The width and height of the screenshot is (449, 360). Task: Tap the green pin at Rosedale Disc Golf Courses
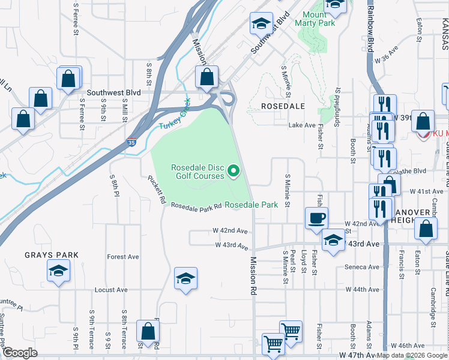(233, 173)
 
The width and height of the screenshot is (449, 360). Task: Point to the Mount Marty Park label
(319, 19)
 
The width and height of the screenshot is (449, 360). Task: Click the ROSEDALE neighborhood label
(283, 106)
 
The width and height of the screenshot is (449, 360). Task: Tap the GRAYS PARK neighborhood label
(52, 255)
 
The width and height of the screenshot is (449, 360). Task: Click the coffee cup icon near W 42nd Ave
(316, 218)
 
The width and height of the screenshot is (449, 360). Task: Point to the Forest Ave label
(123, 257)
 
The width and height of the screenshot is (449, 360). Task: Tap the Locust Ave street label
(111, 290)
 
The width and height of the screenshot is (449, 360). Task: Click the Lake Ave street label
(302, 125)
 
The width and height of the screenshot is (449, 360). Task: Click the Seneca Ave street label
(362, 267)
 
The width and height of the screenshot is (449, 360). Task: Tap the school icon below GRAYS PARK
(58, 272)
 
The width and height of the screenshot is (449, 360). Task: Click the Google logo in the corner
(19, 353)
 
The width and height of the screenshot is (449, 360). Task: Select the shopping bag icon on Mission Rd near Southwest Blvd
(207, 78)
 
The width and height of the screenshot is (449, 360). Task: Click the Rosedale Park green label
(251, 205)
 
